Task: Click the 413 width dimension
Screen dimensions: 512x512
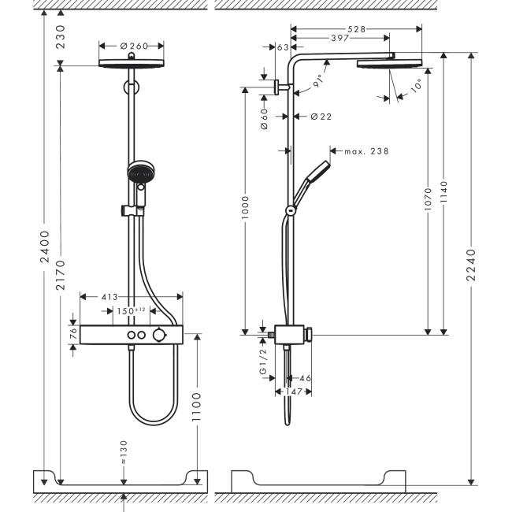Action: [x=109, y=297]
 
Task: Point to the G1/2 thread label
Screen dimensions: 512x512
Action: [x=263, y=365]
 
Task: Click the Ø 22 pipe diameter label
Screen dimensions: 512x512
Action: [x=320, y=116]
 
